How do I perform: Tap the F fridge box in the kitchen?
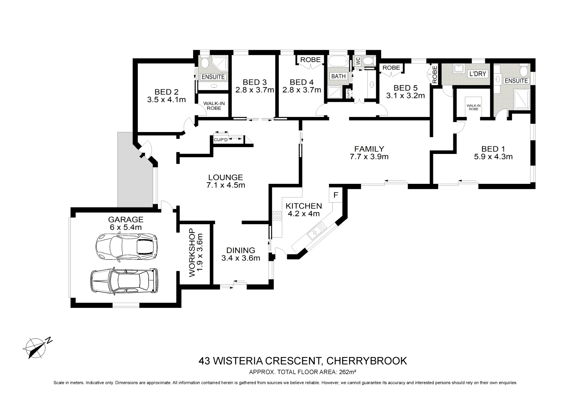click(336, 195)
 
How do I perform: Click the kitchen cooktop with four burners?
click(277, 216)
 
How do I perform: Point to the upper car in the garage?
click(126, 246)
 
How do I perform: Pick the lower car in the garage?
click(124, 281)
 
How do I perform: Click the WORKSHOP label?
click(192, 253)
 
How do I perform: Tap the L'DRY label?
click(477, 74)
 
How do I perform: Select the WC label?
click(358, 61)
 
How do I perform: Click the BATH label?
click(338, 76)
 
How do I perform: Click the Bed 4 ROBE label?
click(310, 60)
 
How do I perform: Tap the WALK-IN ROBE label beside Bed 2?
click(214, 106)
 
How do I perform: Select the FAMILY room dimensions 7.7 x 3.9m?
click(369, 156)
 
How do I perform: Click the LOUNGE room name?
click(225, 177)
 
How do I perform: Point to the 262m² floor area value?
click(348, 372)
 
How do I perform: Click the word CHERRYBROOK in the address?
click(367, 361)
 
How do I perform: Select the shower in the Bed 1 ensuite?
click(522, 99)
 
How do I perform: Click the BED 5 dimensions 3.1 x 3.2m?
click(406, 96)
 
